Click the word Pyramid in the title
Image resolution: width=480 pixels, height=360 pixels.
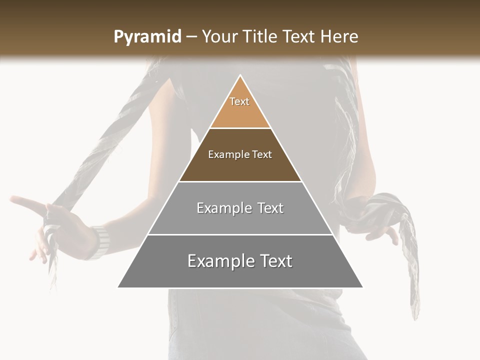click(147, 37)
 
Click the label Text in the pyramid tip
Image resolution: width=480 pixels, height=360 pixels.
click(239, 101)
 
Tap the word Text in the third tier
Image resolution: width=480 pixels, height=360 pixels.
click(270, 208)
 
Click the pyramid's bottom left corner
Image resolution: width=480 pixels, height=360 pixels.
click(118, 287)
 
